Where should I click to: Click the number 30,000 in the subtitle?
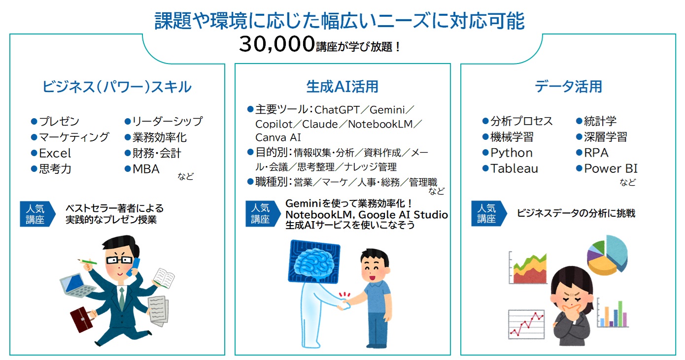(x=276, y=45)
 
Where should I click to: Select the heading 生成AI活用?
(x=342, y=87)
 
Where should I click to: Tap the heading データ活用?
(x=568, y=87)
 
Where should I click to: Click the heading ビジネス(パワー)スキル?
(x=117, y=87)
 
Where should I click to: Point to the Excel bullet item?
(x=55, y=153)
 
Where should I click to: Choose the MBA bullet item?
(x=146, y=169)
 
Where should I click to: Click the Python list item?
(x=511, y=153)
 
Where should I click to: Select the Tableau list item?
(x=514, y=168)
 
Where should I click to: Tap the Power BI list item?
(x=611, y=168)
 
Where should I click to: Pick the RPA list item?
(x=596, y=153)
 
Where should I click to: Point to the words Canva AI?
(x=278, y=137)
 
